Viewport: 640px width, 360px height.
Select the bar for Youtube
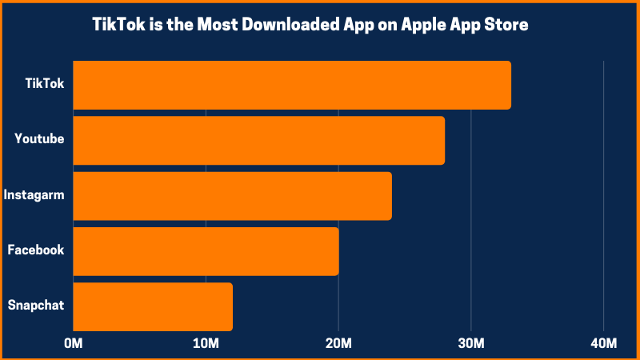tap(258, 141)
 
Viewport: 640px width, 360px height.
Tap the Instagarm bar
tap(232, 195)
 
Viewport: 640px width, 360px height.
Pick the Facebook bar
tap(206, 251)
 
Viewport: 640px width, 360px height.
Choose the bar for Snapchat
tap(153, 306)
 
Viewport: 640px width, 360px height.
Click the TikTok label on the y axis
tap(45, 83)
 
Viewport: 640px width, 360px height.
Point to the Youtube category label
tap(39, 139)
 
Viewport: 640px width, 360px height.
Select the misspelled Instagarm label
tap(34, 194)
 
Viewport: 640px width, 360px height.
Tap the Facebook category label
tap(35, 250)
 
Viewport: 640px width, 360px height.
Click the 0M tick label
tap(73, 344)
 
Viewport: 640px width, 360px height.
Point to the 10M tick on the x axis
tap(206, 344)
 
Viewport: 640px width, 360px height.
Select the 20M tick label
tap(338, 344)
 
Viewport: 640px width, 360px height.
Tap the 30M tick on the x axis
tap(471, 344)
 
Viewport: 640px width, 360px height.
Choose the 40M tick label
tap(603, 344)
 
